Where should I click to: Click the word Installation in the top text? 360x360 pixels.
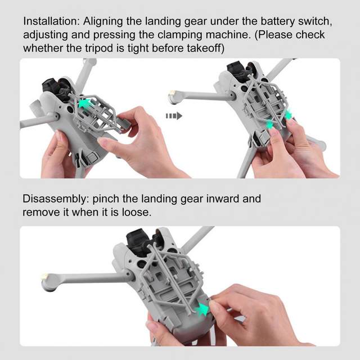pos(51,21)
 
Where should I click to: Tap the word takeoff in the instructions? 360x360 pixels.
pos(205,48)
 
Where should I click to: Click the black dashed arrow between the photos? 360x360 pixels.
pos(174,116)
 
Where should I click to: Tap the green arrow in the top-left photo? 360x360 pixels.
pos(85,103)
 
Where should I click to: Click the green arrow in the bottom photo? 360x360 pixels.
pos(201,309)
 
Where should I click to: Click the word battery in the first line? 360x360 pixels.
pos(277,21)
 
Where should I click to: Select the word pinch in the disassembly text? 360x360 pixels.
pos(105,199)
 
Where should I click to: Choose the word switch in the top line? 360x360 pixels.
pos(315,21)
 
